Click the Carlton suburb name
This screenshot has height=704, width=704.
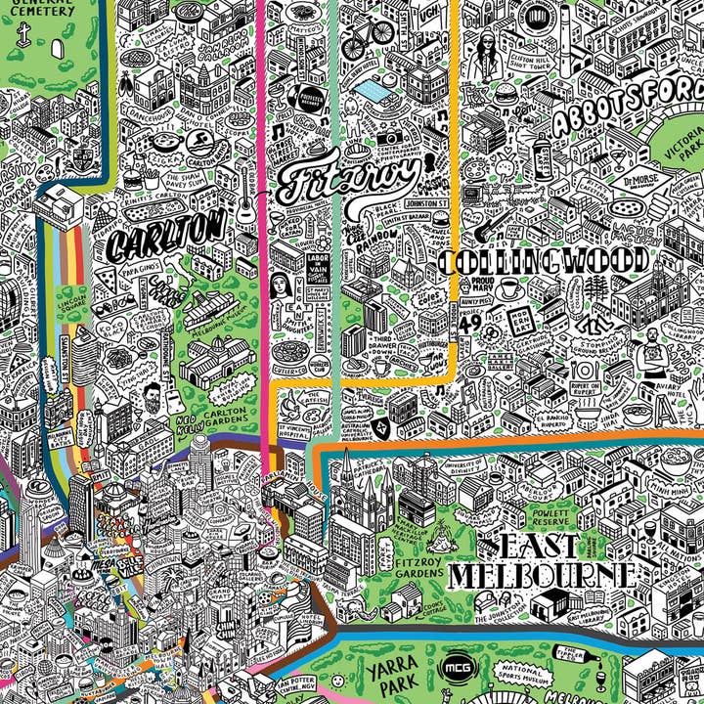pos(167,235)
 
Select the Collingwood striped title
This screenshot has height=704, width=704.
pos(544,261)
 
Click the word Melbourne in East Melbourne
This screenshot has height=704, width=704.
pos(542,575)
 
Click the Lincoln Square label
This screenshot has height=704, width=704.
pos(72,303)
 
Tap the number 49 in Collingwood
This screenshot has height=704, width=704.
pos(468,320)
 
